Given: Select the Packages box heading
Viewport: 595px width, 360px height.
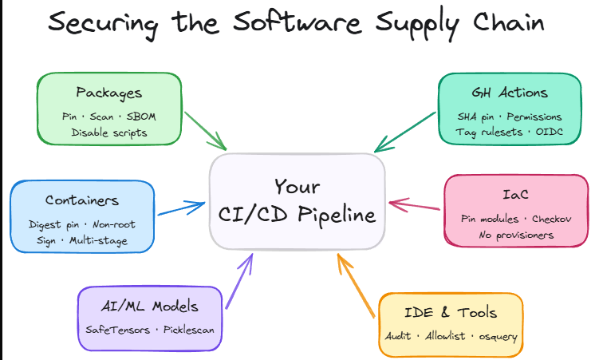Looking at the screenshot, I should click(108, 93).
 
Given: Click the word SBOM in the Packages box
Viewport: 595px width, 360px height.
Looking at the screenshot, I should click(141, 117).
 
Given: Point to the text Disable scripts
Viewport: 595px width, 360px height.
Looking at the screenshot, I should click(109, 133).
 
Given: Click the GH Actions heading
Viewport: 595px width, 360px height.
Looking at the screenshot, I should click(510, 93).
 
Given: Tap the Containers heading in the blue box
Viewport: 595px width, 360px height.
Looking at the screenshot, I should click(82, 200).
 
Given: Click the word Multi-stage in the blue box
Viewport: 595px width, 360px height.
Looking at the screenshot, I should click(98, 239).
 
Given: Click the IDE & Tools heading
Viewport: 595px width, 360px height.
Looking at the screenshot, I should click(450, 312).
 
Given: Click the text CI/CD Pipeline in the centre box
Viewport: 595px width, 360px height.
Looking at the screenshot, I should click(297, 215).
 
